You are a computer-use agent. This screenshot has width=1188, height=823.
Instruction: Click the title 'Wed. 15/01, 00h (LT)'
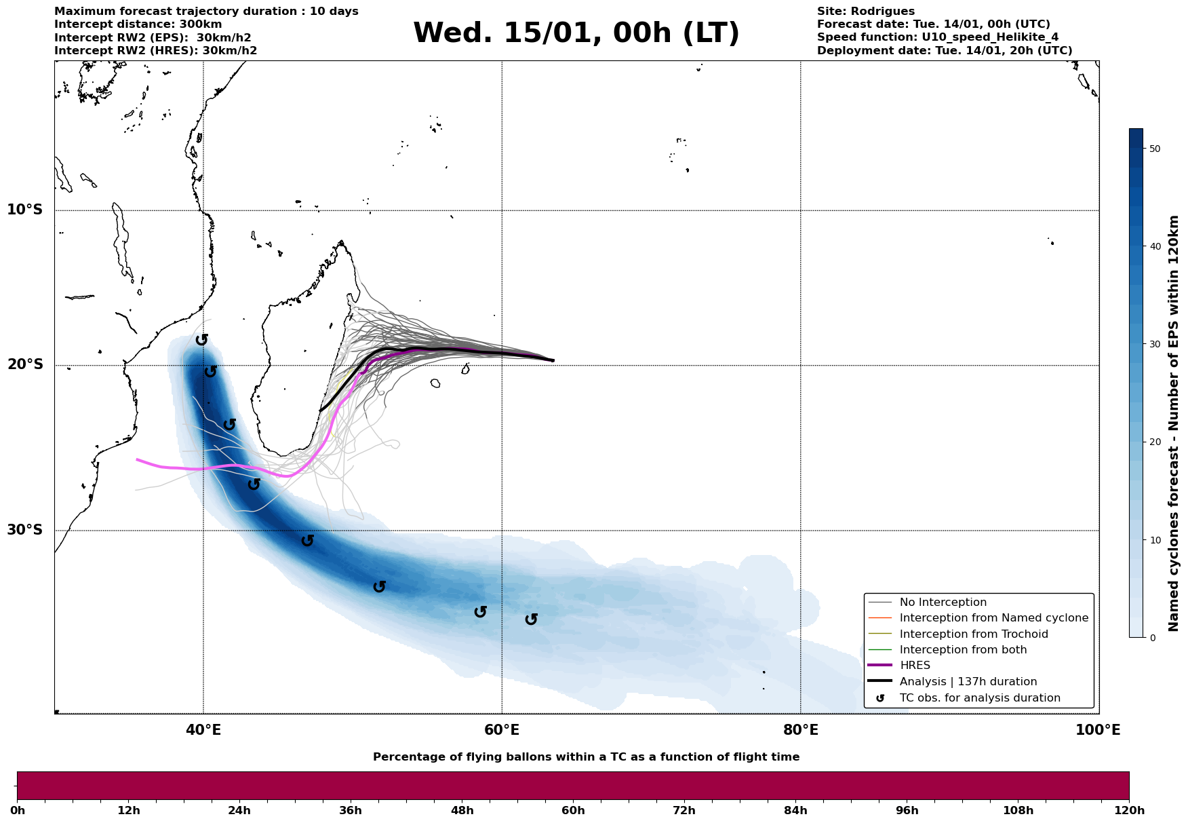(x=576, y=33)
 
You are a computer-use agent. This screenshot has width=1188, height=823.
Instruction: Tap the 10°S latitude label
(x=25, y=210)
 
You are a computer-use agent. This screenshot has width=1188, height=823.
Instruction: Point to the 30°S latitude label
(x=25, y=530)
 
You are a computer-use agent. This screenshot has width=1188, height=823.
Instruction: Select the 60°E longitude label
(x=502, y=730)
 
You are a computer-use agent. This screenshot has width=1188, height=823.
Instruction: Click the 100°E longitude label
(x=1098, y=730)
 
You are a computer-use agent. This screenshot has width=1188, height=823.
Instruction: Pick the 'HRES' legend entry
(x=915, y=666)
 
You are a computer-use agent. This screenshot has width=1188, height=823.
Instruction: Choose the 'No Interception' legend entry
(x=943, y=602)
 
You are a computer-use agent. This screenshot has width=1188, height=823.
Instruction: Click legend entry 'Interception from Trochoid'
(x=973, y=634)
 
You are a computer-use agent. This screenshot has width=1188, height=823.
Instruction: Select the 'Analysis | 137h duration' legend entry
(x=968, y=682)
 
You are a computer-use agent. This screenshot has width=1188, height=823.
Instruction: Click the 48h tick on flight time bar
(x=462, y=811)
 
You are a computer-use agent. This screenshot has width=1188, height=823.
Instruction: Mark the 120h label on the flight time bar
(x=1129, y=811)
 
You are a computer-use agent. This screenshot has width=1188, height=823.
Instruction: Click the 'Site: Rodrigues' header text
(x=865, y=12)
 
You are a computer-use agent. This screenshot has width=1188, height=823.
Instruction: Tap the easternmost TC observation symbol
(x=532, y=619)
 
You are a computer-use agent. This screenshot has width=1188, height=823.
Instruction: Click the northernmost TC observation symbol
(x=201, y=339)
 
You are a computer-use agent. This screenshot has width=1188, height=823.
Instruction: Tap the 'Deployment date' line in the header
(x=944, y=51)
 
